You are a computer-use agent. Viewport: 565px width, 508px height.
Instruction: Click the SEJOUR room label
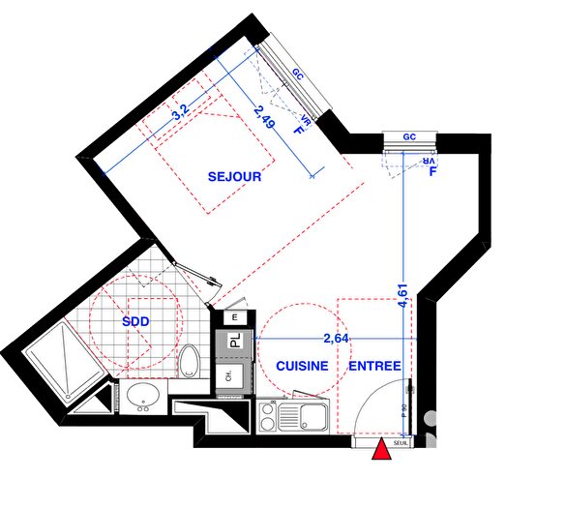tap(235, 177)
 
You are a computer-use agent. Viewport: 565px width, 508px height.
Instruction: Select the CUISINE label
tap(300, 367)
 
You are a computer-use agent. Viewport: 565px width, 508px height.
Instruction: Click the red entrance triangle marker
tap(383, 450)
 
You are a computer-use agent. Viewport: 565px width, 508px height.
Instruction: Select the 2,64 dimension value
tap(336, 338)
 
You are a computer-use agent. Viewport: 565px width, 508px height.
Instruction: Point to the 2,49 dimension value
tap(258, 117)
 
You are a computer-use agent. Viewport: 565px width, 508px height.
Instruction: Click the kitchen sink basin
tap(312, 417)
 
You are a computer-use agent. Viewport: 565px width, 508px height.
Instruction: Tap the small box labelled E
tap(234, 316)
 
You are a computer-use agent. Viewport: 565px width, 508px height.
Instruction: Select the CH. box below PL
tap(229, 376)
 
